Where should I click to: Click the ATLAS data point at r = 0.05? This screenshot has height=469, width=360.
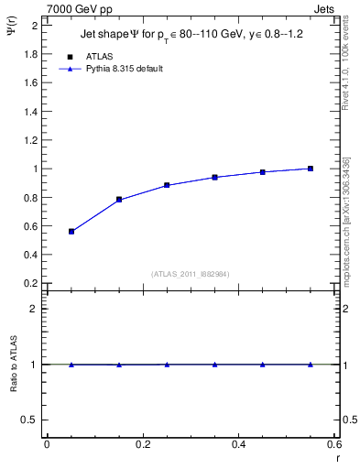pos(71,232)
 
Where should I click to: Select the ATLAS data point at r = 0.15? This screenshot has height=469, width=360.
pos(119,200)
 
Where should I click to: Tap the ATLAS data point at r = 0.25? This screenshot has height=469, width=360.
pos(167,185)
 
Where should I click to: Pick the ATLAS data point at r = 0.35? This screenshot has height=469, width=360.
pos(214,177)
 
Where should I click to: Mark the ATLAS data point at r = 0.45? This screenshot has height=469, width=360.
pos(263,172)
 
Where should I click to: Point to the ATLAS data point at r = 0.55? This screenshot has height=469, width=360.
pos(311,169)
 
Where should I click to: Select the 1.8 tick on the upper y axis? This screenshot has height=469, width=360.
pos(30,54)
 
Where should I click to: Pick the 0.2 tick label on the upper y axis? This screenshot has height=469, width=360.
pos(30,283)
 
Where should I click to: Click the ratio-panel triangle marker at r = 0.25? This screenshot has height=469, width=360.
pos(167,365)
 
